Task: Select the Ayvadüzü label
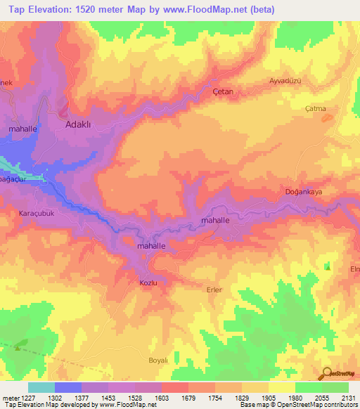[x=285, y=81]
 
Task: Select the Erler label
[x=214, y=290]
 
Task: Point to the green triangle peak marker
[x=328, y=266]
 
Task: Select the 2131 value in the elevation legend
[x=348, y=398]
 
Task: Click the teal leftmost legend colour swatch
[x=41, y=387]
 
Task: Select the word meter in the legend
[x=10, y=398]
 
